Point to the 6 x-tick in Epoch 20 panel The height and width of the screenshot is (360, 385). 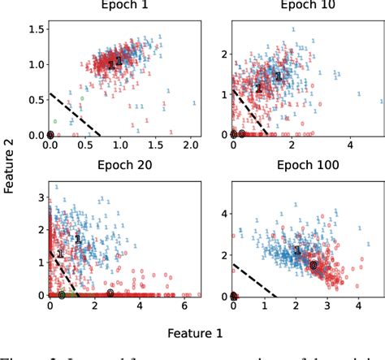(187, 306)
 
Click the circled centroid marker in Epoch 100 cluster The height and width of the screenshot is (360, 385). (314, 265)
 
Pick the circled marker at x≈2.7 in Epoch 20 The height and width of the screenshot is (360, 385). (110, 293)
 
